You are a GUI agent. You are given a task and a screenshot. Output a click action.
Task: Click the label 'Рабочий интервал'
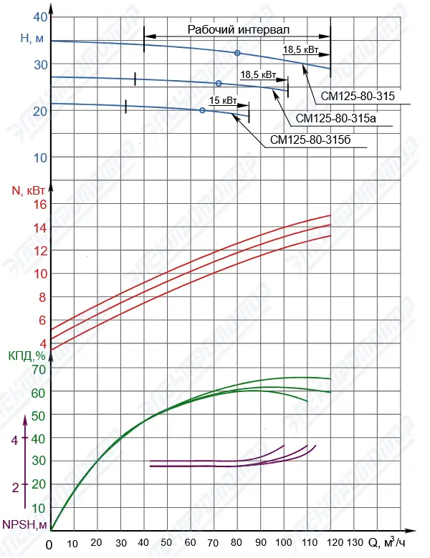[238, 30]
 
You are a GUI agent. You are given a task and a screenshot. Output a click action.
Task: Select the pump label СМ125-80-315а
[336, 118]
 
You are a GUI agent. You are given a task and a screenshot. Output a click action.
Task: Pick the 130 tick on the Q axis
[355, 544]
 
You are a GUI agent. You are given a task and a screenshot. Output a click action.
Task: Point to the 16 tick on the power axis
[39, 204]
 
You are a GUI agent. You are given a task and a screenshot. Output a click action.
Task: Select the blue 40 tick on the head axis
[40, 17]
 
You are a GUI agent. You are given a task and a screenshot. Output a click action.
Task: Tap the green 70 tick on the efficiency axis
[38, 369]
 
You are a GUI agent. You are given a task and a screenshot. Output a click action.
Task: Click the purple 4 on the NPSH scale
[14, 441]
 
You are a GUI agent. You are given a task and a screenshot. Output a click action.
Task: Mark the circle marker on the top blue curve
[237, 53]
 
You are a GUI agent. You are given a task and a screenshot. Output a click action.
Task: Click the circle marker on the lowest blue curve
[202, 110]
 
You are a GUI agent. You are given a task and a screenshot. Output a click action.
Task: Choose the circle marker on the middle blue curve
[219, 84]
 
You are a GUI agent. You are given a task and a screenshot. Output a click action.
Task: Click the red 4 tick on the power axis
[42, 342]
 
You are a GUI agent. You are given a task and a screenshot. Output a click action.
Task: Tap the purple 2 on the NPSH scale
[14, 487]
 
